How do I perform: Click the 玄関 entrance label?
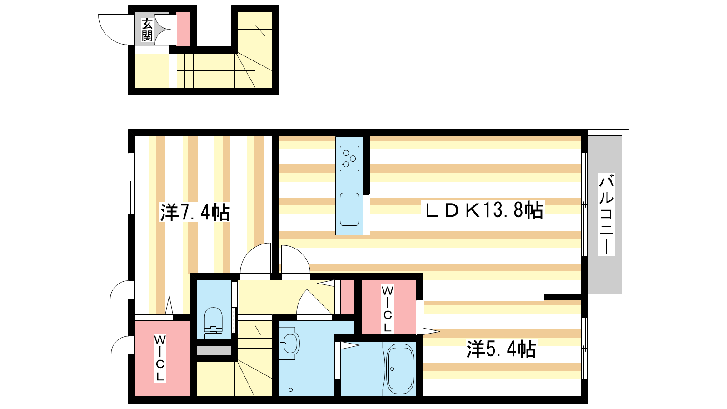pyautogui.click(x=147, y=30)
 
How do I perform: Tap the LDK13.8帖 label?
pyautogui.click(x=483, y=210)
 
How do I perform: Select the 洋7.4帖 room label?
pyautogui.click(x=195, y=212)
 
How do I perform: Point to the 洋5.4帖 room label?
pyautogui.click(x=502, y=349)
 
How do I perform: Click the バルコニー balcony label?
pyautogui.click(x=606, y=214)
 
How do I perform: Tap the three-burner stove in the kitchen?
pyautogui.click(x=349, y=158)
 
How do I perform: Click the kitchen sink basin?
pyautogui.click(x=349, y=209)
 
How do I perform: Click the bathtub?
pyautogui.click(x=400, y=369)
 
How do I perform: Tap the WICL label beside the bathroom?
pyautogui.click(x=387, y=309)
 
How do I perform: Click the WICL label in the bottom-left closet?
pyautogui.click(x=160, y=358)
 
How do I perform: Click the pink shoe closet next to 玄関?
pyautogui.click(x=183, y=30)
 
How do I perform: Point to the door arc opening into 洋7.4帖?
pyautogui.click(x=255, y=260)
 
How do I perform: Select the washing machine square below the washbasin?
pyautogui.click(x=290, y=378)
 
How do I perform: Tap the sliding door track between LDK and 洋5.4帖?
pyautogui.click(x=483, y=297)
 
